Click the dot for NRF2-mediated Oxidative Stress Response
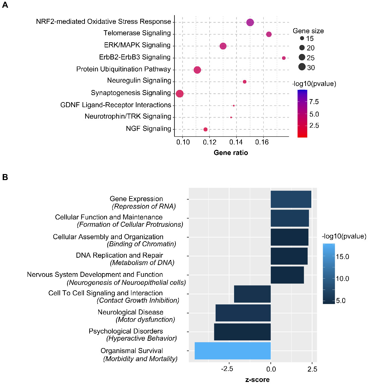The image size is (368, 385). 250,23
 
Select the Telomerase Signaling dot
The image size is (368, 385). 269,34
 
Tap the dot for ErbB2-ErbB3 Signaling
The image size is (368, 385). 284,58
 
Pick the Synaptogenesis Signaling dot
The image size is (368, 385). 179,94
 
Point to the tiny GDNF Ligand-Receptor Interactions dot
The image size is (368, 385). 234,105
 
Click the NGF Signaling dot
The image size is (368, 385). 205,129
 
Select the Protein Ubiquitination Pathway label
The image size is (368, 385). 123,69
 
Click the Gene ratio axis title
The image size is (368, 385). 231,153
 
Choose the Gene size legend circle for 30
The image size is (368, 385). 302,67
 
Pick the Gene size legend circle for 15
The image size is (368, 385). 302,39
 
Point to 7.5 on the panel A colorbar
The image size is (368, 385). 314,102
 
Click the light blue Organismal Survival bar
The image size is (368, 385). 232,351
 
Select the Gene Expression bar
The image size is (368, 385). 291,199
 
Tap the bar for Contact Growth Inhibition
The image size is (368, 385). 252,294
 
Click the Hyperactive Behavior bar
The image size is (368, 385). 242,332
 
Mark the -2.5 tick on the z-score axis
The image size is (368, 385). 227,369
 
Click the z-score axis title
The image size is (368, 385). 257,380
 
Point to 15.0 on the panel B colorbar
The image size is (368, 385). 343,257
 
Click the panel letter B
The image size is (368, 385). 5,177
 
